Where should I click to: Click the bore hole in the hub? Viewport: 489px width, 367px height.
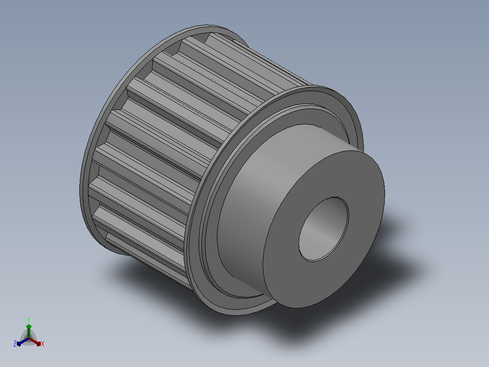coord(324,229)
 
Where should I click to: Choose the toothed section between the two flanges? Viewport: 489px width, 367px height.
coord(175,140)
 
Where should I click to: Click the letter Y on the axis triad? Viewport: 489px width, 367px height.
coord(29,319)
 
